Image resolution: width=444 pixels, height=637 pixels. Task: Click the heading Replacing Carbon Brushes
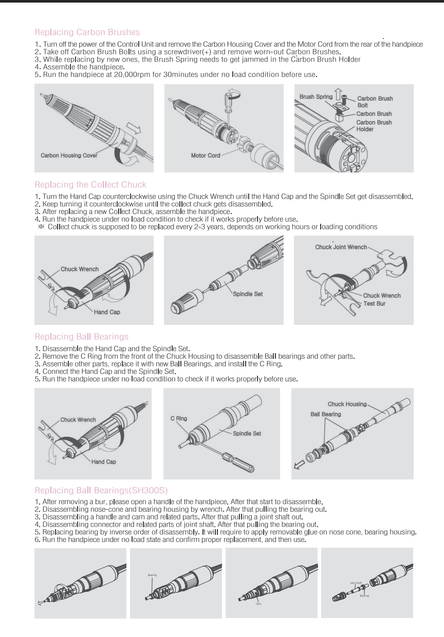point(86,33)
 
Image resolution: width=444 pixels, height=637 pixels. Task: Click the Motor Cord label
point(206,155)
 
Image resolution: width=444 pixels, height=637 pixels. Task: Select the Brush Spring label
point(314,96)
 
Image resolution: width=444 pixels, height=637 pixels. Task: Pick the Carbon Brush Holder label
point(374,126)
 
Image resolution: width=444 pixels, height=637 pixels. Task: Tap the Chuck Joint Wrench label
point(341,247)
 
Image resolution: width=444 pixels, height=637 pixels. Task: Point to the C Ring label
point(179,418)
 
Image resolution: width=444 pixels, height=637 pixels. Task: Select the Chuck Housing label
point(347,404)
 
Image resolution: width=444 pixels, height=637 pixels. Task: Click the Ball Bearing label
point(325,414)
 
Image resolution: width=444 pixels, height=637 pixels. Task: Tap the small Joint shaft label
point(356,583)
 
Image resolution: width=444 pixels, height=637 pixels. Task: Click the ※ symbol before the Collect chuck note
point(41,226)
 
